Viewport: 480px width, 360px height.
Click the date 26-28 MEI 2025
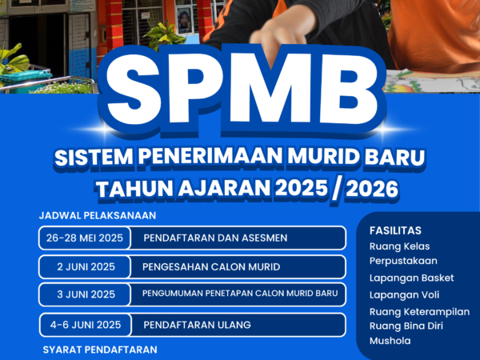click(x=85, y=238)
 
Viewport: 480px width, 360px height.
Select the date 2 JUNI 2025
click(x=86, y=266)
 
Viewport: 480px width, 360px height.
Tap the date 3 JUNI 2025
click(x=86, y=294)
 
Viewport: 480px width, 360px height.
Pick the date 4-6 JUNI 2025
click(x=86, y=325)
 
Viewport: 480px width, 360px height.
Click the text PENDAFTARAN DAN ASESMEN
click(x=215, y=238)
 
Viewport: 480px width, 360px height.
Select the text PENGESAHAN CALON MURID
click(x=211, y=266)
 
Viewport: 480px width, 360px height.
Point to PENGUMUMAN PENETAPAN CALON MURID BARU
click(x=240, y=294)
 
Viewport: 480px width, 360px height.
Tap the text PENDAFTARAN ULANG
click(x=197, y=325)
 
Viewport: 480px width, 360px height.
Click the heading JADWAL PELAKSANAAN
click(x=98, y=215)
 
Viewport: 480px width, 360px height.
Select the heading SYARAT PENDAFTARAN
click(x=100, y=350)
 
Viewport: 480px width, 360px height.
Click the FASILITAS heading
click(x=395, y=230)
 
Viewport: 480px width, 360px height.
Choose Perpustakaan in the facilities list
click(x=403, y=261)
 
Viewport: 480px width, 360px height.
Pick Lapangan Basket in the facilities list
click(x=412, y=278)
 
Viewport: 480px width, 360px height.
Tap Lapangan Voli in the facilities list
click(x=404, y=294)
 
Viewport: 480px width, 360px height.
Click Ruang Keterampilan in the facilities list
click(x=420, y=312)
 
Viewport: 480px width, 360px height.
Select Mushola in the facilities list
click(x=390, y=341)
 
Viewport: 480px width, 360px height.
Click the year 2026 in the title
click(x=372, y=188)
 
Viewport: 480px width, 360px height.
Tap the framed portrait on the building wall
click(x=185, y=21)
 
